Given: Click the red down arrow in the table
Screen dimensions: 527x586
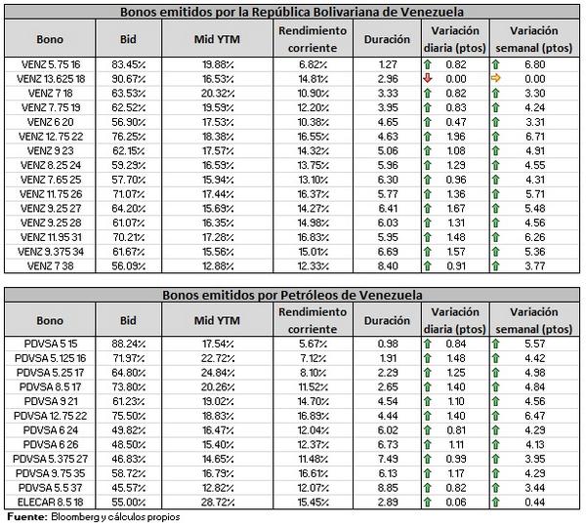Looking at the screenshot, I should click(428, 77).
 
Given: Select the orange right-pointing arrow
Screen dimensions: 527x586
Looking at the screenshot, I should click(497, 77).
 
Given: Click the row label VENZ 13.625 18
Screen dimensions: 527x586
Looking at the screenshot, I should click(51, 77).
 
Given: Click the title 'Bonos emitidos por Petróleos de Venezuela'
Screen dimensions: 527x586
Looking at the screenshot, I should click(293, 295).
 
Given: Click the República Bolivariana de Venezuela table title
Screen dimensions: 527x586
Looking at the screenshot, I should click(293, 13).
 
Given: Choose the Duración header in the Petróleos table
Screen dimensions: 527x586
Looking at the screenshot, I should click(387, 320).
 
